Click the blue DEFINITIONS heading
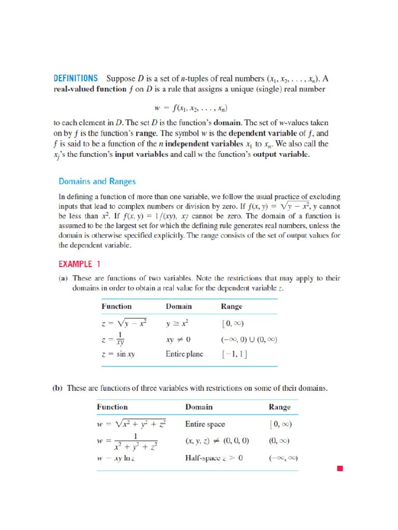(x=76, y=79)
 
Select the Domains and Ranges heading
(x=97, y=181)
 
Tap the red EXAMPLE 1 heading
(x=76, y=264)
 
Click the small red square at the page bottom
(x=340, y=469)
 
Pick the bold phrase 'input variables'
(x=145, y=155)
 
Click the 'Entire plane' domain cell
(x=184, y=355)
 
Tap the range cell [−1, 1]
(x=234, y=355)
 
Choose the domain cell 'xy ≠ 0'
(x=178, y=340)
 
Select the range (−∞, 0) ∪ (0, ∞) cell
(x=249, y=340)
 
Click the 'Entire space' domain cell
(x=205, y=424)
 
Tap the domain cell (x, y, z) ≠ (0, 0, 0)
(x=217, y=441)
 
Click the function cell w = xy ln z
(x=120, y=458)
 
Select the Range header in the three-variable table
(x=279, y=407)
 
